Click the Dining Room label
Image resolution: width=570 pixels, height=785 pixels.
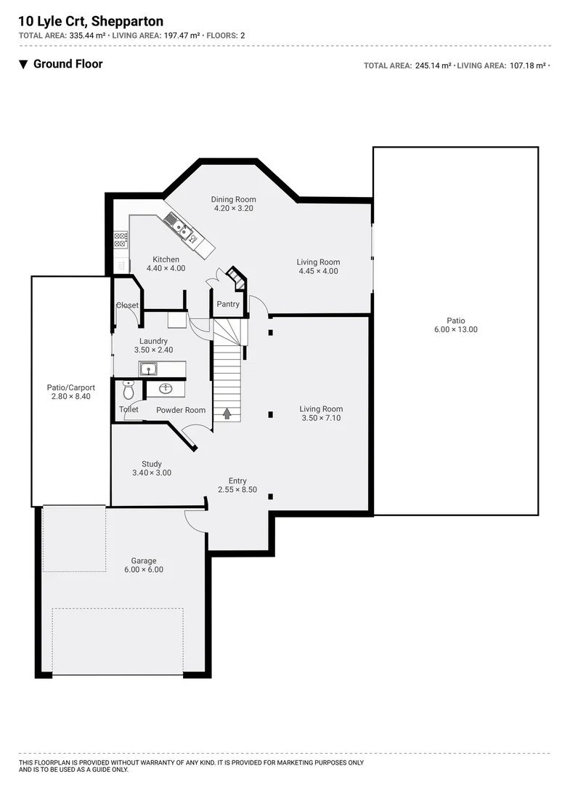(x=233, y=204)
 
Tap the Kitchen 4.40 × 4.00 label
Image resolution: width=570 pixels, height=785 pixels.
(x=166, y=264)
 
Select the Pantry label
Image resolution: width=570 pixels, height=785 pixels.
(x=227, y=305)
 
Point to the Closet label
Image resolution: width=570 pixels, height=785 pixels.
(x=127, y=305)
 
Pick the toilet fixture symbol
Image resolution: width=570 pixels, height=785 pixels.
(x=129, y=391)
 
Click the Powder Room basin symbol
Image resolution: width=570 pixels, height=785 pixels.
(x=166, y=388)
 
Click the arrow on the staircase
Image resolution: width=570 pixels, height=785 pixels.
(x=227, y=413)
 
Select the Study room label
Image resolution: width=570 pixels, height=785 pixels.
(x=152, y=468)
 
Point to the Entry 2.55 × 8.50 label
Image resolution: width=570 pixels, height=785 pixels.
(x=237, y=485)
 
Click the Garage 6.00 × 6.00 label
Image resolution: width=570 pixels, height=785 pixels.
(x=144, y=565)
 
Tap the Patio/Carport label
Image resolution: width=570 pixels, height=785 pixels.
(x=70, y=392)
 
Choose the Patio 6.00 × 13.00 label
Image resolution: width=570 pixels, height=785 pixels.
(x=456, y=325)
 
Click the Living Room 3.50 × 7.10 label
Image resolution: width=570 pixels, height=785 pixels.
(x=320, y=414)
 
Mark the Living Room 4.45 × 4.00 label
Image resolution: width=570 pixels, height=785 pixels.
(x=318, y=267)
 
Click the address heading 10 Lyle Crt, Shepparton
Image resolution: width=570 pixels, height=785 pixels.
(x=91, y=22)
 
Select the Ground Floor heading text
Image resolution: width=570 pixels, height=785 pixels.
(x=68, y=64)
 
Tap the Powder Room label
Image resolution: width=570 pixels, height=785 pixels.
(x=181, y=410)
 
